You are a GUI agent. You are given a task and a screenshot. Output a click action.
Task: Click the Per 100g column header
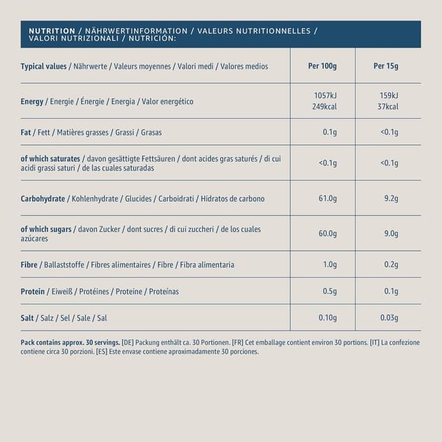[323, 66]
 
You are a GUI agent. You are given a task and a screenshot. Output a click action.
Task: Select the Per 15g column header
[386, 66]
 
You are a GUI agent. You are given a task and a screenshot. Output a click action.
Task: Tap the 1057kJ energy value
[325, 95]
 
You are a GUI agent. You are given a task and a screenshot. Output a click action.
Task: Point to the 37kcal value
[387, 107]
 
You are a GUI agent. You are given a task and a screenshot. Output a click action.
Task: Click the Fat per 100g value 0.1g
[329, 132]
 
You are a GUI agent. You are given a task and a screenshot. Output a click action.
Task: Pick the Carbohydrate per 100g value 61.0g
[327, 199]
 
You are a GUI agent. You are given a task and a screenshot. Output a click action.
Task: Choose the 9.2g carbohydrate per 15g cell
[390, 199]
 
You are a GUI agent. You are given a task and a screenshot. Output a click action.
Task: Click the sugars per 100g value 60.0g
[327, 233]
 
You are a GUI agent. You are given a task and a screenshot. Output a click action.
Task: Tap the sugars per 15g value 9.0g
[390, 233]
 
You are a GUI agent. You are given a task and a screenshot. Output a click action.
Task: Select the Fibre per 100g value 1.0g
[329, 265]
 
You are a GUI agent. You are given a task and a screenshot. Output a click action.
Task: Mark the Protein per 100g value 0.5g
[329, 291]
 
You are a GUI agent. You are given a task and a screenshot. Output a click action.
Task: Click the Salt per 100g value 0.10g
[327, 318]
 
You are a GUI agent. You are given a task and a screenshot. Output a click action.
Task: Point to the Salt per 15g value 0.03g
[389, 318]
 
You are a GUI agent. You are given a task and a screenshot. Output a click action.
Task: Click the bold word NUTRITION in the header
[52, 31]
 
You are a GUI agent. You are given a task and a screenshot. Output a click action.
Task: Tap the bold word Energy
[32, 102]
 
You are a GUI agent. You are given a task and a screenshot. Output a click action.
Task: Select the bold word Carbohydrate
[43, 199]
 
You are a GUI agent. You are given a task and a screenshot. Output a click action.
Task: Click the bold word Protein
[33, 291]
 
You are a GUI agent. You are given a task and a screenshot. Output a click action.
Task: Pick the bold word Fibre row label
[30, 265]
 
